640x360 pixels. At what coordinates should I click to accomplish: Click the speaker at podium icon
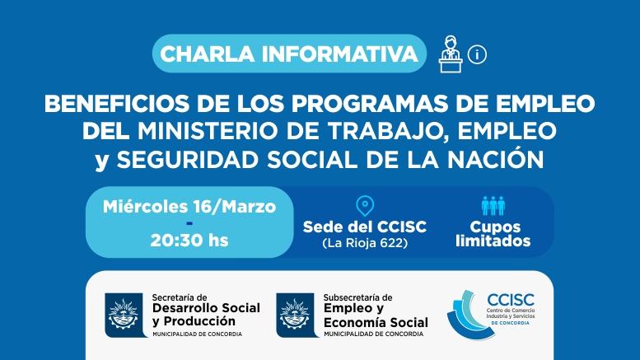451,54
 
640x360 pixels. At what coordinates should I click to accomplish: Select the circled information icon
477,54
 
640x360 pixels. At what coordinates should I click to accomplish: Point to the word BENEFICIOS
117,104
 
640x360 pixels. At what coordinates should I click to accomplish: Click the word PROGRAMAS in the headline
369,104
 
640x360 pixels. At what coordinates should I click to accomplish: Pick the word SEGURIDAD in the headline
188,160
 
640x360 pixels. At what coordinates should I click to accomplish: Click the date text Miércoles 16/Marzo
189,207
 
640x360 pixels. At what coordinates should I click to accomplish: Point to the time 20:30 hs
189,241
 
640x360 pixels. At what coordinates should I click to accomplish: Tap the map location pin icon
365,206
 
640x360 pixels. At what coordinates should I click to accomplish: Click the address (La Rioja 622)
365,243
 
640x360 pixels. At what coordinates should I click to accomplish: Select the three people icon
493,206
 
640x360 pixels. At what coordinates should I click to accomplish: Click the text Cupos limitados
493,234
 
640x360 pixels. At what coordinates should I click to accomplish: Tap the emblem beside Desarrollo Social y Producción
124,315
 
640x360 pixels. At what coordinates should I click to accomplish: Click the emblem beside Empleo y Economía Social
296,315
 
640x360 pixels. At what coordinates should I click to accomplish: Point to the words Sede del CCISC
365,227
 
